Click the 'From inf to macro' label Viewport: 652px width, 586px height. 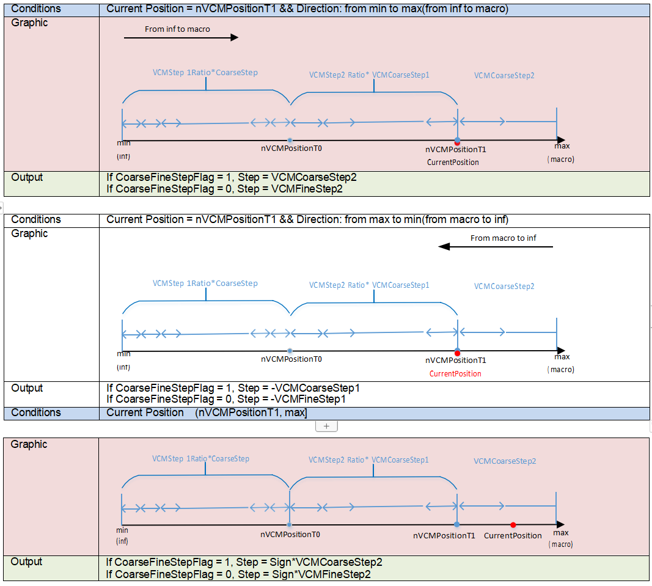pyautogui.click(x=177, y=29)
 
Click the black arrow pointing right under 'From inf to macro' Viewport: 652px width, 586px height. pyautogui.click(x=181, y=38)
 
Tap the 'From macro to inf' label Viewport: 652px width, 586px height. pyautogui.click(x=503, y=238)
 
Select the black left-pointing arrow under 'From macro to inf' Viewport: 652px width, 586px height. pyautogui.click(x=496, y=247)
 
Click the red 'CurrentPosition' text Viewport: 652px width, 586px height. pyautogui.click(x=455, y=373)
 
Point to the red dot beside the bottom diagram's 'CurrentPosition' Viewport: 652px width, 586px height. pyautogui.click(x=513, y=525)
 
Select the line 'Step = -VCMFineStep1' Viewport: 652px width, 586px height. pyautogui.click(x=227, y=399)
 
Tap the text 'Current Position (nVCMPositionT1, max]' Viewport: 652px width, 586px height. pyautogui.click(x=207, y=412)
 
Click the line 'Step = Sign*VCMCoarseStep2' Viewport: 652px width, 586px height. pyautogui.click(x=244, y=562)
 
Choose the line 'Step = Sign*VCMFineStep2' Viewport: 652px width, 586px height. pyautogui.click(x=238, y=574)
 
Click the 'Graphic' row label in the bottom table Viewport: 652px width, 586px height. pyautogui.click(x=29, y=444)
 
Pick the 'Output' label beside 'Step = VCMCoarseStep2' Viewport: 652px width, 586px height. pyautogui.click(x=27, y=177)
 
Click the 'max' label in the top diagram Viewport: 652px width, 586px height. pyautogui.click(x=562, y=146)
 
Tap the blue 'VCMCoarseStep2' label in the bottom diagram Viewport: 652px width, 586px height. pyautogui.click(x=505, y=461)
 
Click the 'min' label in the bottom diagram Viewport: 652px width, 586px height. pyautogui.click(x=122, y=530)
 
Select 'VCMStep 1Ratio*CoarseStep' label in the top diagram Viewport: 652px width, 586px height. pyautogui.click(x=205, y=72)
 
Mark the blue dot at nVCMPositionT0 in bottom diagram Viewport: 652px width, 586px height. pyautogui.click(x=289, y=525)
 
